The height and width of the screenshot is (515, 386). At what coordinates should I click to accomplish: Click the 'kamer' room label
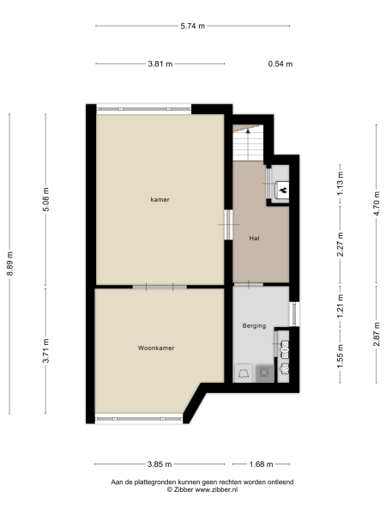pyautogui.click(x=160, y=199)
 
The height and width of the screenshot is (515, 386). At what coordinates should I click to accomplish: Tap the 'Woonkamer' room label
pyautogui.click(x=156, y=348)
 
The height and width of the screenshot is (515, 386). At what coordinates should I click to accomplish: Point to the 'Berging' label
pyautogui.click(x=255, y=326)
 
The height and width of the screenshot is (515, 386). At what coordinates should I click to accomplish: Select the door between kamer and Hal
pyautogui.click(x=228, y=225)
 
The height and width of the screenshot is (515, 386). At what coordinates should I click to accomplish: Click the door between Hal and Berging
pyautogui.click(x=249, y=284)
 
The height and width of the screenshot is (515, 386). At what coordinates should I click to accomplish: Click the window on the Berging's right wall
pyautogui.click(x=294, y=313)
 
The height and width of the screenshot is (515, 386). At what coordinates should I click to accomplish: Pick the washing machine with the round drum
pyautogui.click(x=265, y=372)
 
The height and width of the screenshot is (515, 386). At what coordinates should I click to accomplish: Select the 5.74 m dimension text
pyautogui.click(x=192, y=26)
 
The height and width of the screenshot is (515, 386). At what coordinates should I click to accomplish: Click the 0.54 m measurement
pyautogui.click(x=280, y=64)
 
